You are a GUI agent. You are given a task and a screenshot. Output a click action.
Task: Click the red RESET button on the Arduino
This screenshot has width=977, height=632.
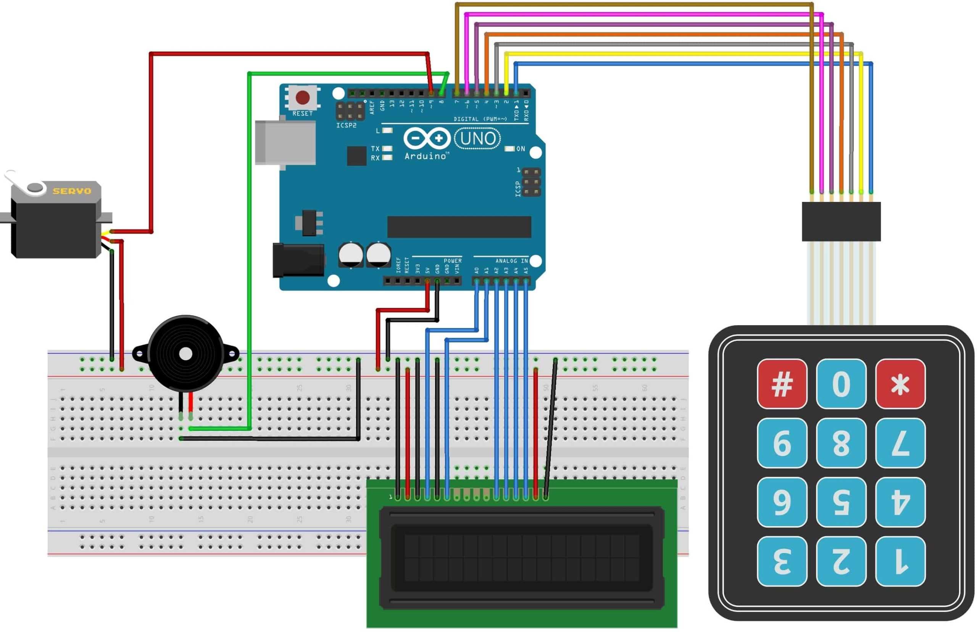[302, 98]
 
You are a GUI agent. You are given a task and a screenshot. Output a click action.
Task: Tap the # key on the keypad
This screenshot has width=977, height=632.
[781, 384]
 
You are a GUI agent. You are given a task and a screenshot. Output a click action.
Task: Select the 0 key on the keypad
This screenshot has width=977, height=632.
[840, 384]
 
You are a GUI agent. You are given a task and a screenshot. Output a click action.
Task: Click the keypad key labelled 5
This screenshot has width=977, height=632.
[840, 501]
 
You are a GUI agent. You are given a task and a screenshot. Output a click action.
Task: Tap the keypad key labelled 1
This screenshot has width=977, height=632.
[900, 561]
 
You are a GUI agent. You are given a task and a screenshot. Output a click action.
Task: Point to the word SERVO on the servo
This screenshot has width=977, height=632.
[72, 191]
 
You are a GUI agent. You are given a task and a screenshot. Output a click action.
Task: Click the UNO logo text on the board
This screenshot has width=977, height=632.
[477, 139]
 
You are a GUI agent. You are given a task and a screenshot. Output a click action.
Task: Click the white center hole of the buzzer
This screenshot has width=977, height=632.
[185, 354]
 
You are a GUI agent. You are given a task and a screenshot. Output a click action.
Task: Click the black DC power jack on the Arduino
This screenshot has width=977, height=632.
[298, 260]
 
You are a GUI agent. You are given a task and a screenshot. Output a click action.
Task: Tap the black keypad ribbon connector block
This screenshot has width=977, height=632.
[841, 221]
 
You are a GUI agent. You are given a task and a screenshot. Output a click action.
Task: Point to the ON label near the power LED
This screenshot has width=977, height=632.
[520, 148]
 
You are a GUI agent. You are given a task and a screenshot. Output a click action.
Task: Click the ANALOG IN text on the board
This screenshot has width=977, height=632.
[511, 261]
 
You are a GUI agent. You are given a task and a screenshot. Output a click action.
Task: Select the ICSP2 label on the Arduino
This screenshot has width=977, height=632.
[346, 125]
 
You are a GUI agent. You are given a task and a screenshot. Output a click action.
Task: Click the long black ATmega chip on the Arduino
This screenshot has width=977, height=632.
[459, 227]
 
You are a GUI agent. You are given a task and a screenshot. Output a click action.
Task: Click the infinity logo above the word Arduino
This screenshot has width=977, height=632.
[427, 138]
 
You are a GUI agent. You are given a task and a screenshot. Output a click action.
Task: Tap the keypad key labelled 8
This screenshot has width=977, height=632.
[840, 443]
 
